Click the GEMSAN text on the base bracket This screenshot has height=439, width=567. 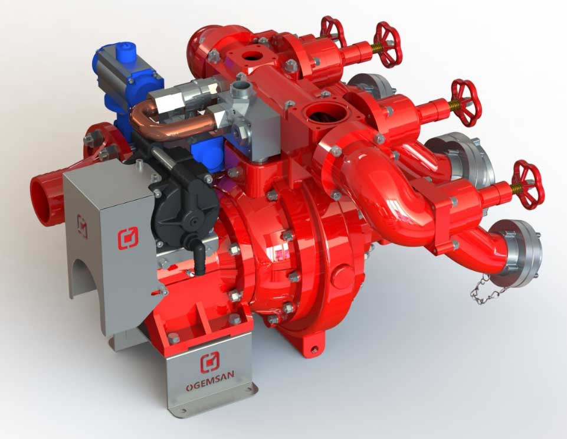(210, 381)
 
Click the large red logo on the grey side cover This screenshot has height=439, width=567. (127, 238)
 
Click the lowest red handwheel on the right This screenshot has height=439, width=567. (528, 185)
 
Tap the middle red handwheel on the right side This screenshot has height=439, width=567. (467, 103)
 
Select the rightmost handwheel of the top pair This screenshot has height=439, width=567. (388, 44)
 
